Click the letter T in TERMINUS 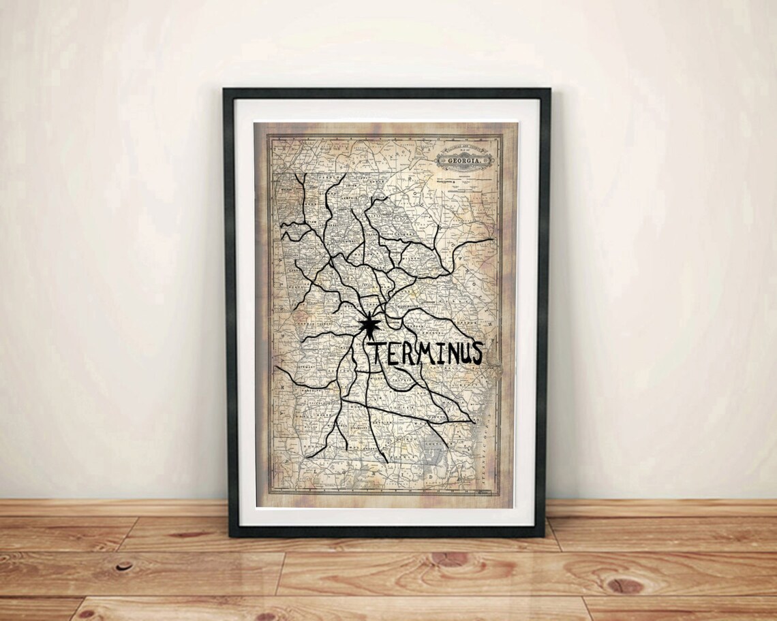pyautogui.click(x=380, y=353)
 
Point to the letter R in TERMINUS pyautogui.click(x=410, y=353)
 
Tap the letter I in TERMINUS pyautogui.click(x=442, y=353)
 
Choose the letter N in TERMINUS pyautogui.click(x=453, y=353)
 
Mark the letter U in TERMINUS pyautogui.click(x=466, y=353)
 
